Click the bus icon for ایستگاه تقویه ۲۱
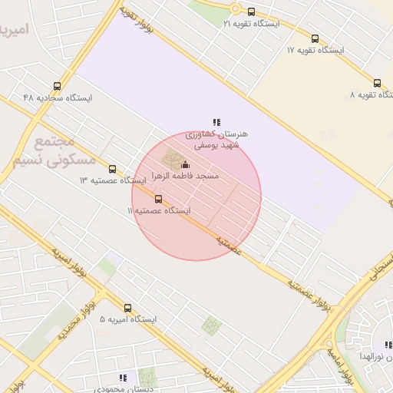[251, 11]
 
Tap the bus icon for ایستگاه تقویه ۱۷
[315, 38]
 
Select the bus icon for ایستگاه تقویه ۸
[377, 83]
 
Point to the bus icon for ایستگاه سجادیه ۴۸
[57, 86]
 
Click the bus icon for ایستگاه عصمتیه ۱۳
[113, 169]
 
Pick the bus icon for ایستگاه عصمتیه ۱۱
[159, 199]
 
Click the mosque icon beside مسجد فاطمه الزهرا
[184, 165]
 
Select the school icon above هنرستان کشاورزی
[217, 122]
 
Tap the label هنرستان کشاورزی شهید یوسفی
[216, 139]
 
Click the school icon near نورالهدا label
[388, 345]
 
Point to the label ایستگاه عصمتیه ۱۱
[159, 210]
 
